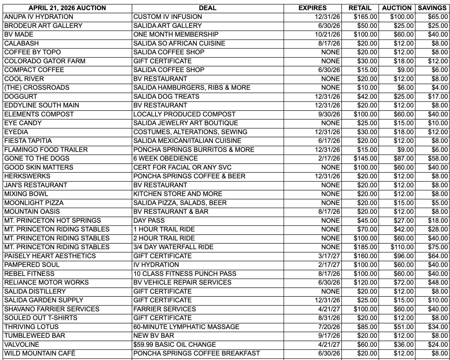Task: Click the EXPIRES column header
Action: click(x=312, y=8)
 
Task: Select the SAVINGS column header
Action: click(x=432, y=8)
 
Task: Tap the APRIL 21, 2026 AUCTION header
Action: click(x=67, y=8)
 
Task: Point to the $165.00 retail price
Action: click(x=366, y=17)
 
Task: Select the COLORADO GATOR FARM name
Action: click(x=39, y=61)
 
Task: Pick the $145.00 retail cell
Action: click(x=366, y=158)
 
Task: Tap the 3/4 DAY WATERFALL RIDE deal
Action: click(x=174, y=247)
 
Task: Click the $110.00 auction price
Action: click(x=402, y=247)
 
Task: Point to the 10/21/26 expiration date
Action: click(x=326, y=34)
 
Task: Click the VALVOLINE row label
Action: click(x=22, y=345)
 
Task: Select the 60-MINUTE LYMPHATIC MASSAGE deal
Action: click(x=186, y=327)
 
